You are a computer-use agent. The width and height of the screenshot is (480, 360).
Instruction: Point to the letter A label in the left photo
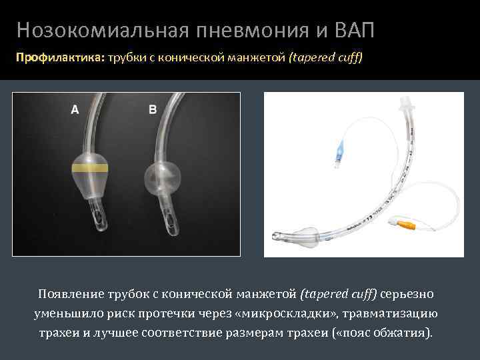point(75,110)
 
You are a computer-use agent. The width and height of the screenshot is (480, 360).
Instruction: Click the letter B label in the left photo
point(153,110)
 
